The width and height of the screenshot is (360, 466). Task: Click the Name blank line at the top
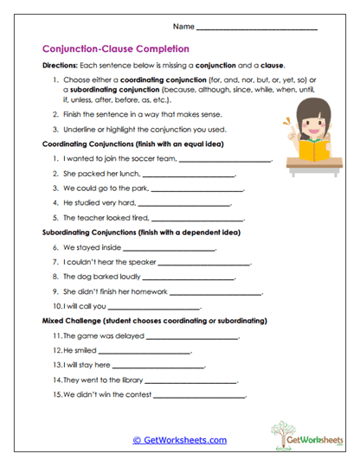click(269, 30)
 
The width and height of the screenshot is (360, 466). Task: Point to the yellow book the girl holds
click(307, 150)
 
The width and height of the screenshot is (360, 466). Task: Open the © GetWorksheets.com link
click(179, 439)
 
